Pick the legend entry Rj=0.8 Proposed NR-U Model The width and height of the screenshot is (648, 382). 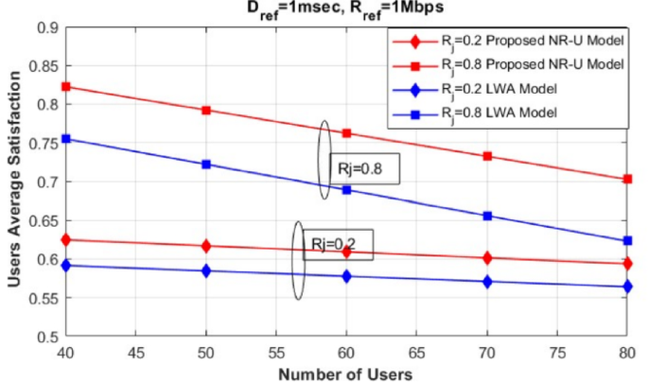pos(507,65)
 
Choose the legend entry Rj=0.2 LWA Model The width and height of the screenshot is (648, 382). pos(507,90)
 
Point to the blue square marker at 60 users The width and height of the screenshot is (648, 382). pos(346,190)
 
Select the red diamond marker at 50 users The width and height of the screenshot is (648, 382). pos(206,246)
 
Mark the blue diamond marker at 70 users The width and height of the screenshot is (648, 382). pos(487,282)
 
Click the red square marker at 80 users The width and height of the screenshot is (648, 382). pos(627,179)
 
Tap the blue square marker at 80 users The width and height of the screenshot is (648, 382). pos(627,241)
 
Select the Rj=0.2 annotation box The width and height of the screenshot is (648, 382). pos(338,244)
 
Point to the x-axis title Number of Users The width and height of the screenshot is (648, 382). pos(345,373)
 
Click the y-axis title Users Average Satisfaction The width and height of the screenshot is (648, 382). pos(13,180)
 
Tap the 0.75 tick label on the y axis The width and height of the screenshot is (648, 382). pos(44,142)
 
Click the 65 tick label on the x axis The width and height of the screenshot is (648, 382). pos(416,352)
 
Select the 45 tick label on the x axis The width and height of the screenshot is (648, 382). pos(136,352)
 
